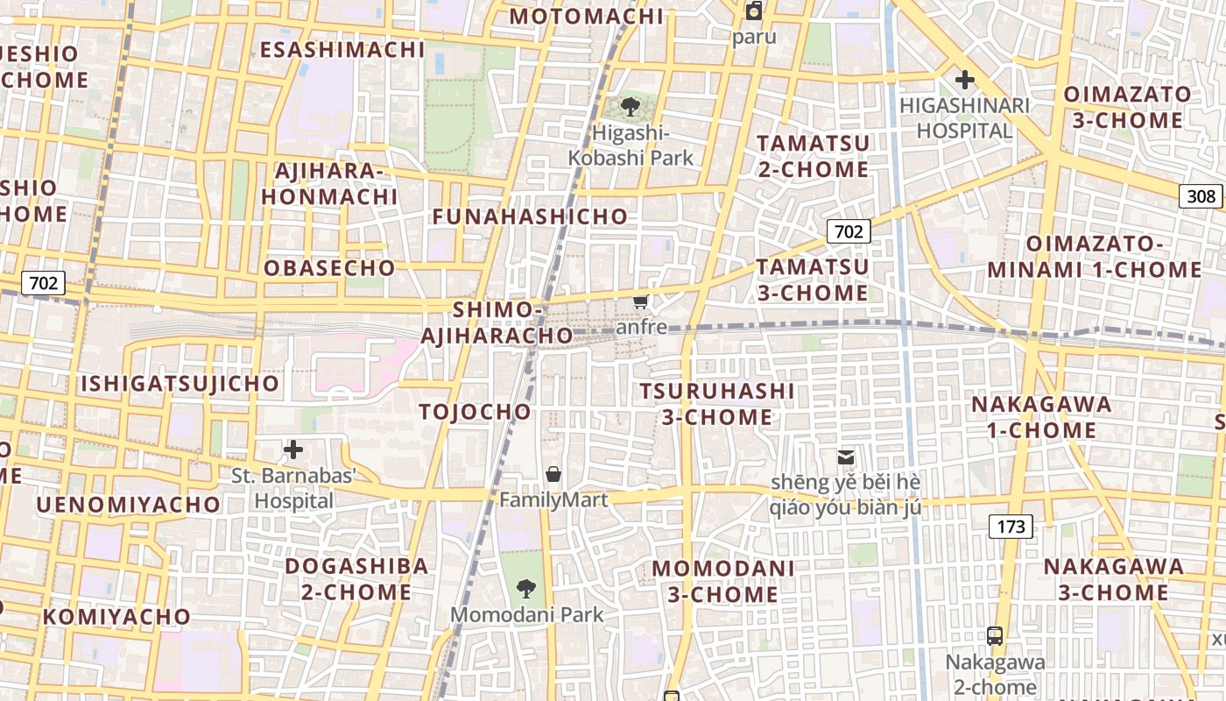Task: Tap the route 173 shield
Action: pyautogui.click(x=1011, y=527)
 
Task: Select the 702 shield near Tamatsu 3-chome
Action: pyautogui.click(x=848, y=231)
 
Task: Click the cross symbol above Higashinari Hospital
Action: pyautogui.click(x=964, y=81)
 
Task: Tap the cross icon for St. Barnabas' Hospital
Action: pyautogui.click(x=293, y=450)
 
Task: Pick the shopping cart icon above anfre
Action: pyautogui.click(x=641, y=302)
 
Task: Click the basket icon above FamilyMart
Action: pyautogui.click(x=553, y=475)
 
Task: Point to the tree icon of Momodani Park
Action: pyautogui.click(x=526, y=588)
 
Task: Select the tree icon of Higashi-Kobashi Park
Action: pyautogui.click(x=630, y=108)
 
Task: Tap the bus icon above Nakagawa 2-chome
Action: pyautogui.click(x=994, y=636)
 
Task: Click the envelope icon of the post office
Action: pyautogui.click(x=845, y=457)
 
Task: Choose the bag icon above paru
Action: pyautogui.click(x=753, y=11)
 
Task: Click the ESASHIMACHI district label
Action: pyautogui.click(x=342, y=49)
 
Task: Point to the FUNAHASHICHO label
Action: pyautogui.click(x=530, y=216)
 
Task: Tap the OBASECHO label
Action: pyautogui.click(x=329, y=268)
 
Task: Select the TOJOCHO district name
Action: pyautogui.click(x=475, y=412)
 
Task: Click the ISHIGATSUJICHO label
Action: pyautogui.click(x=180, y=384)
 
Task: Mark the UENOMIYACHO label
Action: pyautogui.click(x=128, y=505)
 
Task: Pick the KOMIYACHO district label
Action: pyautogui.click(x=116, y=617)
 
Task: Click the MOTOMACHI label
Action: pyautogui.click(x=586, y=17)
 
